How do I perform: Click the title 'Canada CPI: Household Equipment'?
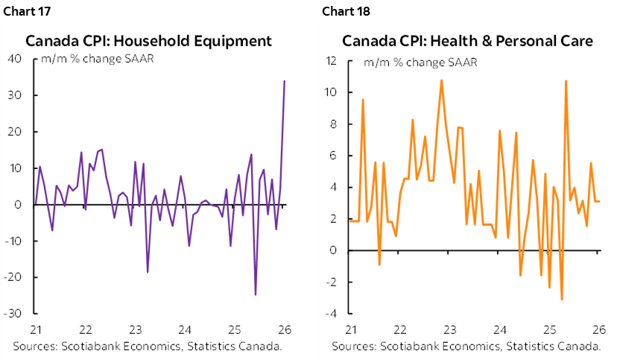(149, 40)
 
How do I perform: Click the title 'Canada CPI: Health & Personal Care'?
(468, 40)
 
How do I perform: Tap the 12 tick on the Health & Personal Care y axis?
(333, 60)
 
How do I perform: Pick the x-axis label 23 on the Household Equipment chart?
(135, 330)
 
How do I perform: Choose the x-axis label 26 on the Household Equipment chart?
(285, 330)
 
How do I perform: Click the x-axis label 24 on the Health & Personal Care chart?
(499, 330)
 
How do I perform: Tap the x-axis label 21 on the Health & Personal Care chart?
(349, 330)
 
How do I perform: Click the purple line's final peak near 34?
(285, 80)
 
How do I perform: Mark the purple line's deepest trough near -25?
(256, 294)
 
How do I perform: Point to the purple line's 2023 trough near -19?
(148, 272)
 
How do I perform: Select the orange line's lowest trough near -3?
(561, 300)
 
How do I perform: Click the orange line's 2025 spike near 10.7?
(566, 80)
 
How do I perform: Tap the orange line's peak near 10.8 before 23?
(441, 80)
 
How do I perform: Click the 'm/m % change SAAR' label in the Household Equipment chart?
(101, 60)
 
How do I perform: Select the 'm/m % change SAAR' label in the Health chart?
(420, 61)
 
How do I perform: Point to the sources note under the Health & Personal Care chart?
(467, 347)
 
